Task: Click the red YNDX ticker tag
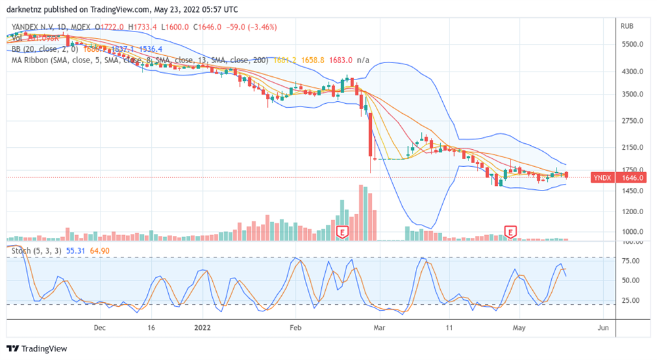tap(602, 178)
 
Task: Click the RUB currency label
tap(627, 27)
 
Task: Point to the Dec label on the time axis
tap(100, 326)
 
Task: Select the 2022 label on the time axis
tap(202, 326)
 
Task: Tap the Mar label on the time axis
tap(378, 326)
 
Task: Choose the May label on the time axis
tap(519, 326)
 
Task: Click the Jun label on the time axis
tap(603, 326)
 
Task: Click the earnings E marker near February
tap(342, 232)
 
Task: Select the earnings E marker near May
tap(510, 231)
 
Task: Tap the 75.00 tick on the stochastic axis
tap(631, 261)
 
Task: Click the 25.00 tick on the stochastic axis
tap(631, 301)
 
